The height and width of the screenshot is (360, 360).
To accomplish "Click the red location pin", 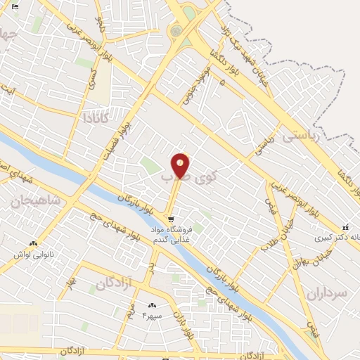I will [x=181, y=165].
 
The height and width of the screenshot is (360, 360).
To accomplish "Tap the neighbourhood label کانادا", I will [x=96, y=116].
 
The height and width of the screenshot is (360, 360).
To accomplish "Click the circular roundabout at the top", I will [x=176, y=31].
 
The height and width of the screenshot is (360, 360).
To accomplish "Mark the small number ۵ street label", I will [x=222, y=82].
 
